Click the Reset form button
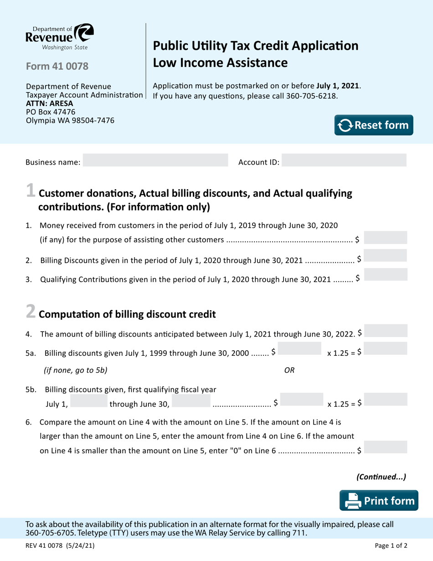[x=374, y=125]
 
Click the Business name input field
[x=155, y=161]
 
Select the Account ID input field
[x=344, y=161]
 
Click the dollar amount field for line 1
[x=386, y=238]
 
